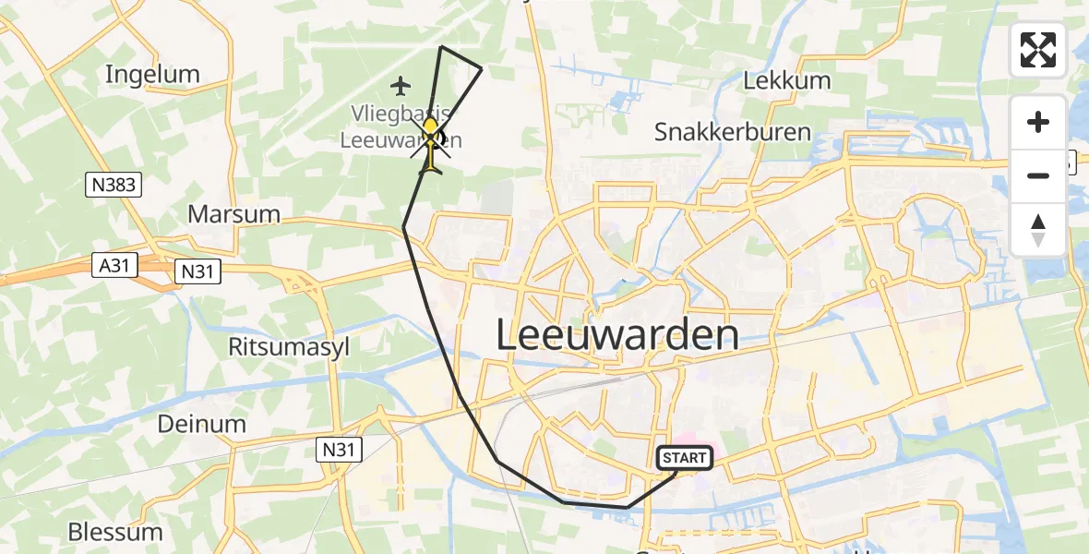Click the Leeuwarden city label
[617, 335]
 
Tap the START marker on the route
[684, 458]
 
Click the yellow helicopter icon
[431, 144]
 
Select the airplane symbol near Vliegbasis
[400, 87]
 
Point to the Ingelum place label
[152, 75]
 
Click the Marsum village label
[233, 214]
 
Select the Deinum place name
[201, 424]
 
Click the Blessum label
[115, 532]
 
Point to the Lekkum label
[786, 80]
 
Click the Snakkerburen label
[732, 132]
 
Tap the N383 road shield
[115, 186]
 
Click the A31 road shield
[115, 266]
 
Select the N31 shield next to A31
[197, 271]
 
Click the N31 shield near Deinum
[339, 450]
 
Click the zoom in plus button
[1038, 122]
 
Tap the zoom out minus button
[1038, 175]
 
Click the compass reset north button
[1038, 230]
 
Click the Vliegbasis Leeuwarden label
[401, 127]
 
